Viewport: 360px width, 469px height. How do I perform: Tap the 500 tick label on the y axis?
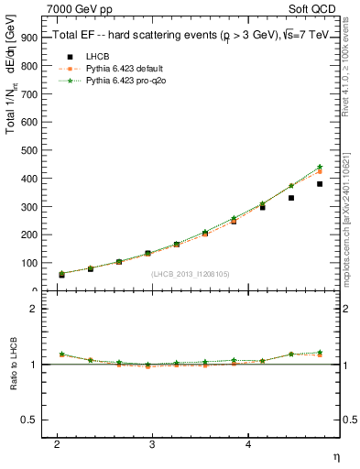coord(29,149)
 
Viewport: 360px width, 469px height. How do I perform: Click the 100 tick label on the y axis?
coord(29,263)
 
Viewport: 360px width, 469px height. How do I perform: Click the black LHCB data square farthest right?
coord(320,184)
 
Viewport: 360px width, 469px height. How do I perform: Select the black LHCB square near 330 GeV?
coord(291,198)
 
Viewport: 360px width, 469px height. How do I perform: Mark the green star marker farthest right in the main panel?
coord(320,167)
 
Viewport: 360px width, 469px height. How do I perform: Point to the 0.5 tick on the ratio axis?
coord(29,420)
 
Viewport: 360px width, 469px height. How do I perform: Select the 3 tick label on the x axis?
coord(152,444)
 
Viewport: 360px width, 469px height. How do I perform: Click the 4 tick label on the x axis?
coord(248,444)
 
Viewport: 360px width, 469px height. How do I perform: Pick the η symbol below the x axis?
coord(335,455)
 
